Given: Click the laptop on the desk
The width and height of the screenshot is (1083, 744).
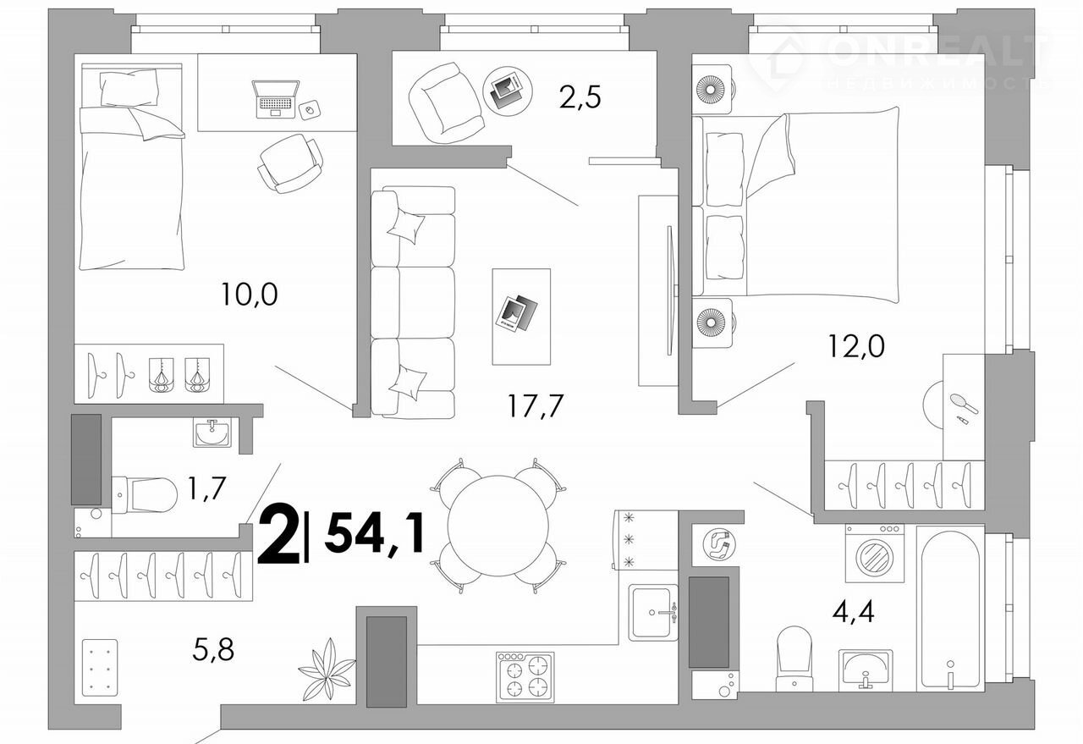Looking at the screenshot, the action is pos(275,99).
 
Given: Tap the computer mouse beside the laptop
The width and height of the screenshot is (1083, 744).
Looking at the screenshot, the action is pos(309,110).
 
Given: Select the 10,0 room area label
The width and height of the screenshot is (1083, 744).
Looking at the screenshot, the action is pos(249,295).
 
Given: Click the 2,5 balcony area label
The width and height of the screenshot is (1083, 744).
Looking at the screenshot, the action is pos(580,97).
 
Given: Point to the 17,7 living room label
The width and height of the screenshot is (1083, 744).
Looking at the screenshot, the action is pos(536,405).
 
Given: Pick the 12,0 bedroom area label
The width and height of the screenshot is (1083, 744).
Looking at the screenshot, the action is pos(856,346).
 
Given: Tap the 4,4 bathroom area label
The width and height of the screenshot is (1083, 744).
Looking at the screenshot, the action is pos(854,612).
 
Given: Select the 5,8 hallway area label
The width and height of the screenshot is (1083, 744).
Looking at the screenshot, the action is pos(213,649).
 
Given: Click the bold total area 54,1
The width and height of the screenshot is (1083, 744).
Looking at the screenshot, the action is pos(375,532).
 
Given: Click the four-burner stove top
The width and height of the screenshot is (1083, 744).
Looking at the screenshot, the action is pos(525,677).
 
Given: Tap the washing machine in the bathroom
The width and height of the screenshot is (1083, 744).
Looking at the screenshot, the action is pos(875,553).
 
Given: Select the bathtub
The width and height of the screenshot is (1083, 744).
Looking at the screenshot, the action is pos(950,610).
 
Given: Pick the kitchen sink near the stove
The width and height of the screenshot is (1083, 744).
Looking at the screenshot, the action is pos(653,613).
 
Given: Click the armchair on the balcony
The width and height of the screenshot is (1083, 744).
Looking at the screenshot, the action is pos(446,103).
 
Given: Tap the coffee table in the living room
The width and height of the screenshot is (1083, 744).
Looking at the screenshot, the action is pos(521,317).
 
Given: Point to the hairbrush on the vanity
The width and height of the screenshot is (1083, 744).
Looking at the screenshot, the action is pos(964,404).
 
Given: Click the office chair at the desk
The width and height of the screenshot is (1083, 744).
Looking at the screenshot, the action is pos(290,163).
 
